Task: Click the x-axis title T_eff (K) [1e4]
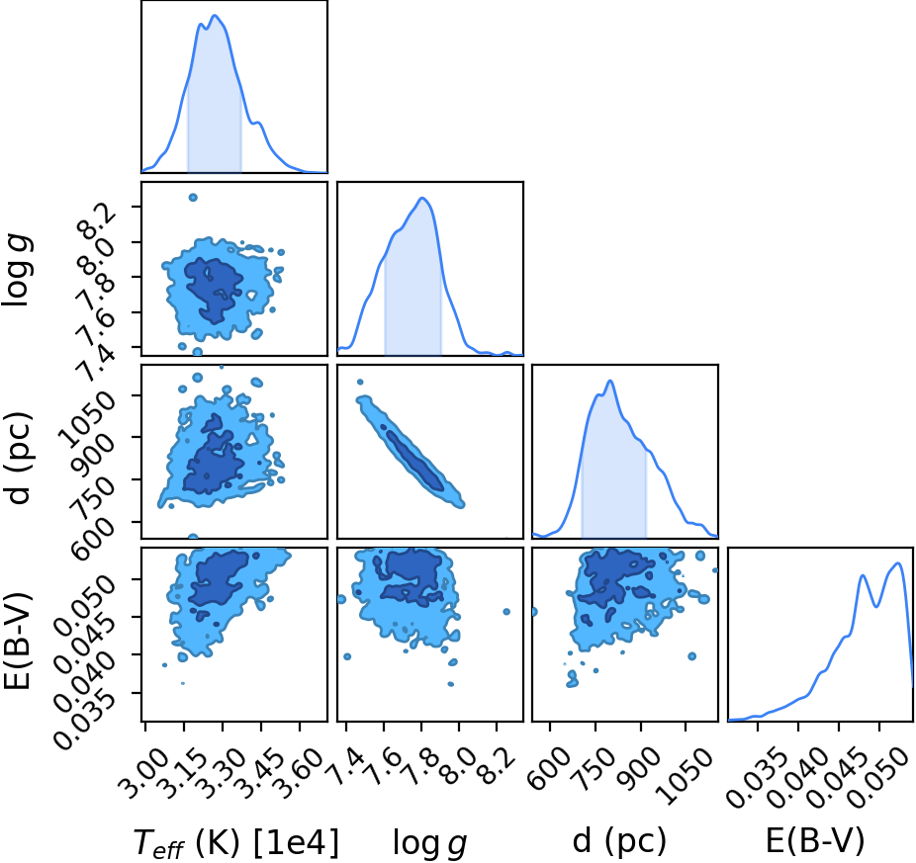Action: pyautogui.click(x=236, y=842)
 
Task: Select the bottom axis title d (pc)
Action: pyautogui.click(x=619, y=841)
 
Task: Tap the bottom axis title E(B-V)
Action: pyautogui.click(x=814, y=841)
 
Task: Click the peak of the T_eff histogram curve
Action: pyautogui.click(x=215, y=15)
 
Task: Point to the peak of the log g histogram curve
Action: pyautogui.click(x=422, y=198)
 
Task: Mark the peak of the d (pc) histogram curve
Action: pyautogui.click(x=610, y=381)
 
